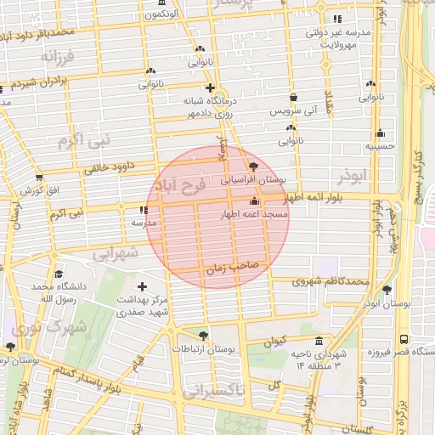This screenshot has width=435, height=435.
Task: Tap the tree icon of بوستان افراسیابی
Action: tap(254, 166)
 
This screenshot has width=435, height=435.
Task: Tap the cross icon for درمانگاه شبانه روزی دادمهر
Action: tap(209, 88)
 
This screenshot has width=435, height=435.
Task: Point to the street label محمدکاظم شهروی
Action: tap(330, 280)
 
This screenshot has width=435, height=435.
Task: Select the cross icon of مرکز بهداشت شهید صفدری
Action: tap(142, 286)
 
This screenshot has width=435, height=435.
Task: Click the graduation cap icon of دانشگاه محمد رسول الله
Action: tap(59, 274)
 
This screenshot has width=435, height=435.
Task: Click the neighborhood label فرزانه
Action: tap(59, 57)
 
